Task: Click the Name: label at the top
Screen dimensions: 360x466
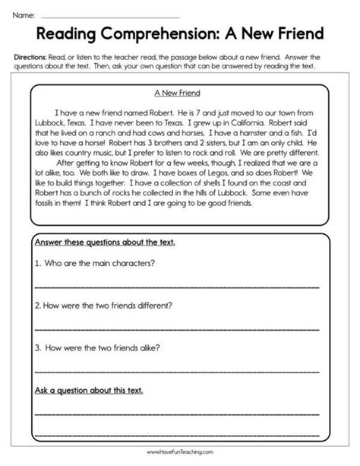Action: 24,14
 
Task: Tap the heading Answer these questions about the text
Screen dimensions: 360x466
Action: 105,243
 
